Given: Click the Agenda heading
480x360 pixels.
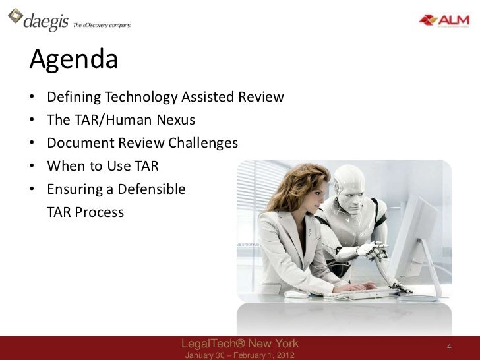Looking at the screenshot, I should [x=74, y=60].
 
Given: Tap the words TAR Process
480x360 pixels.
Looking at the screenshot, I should [x=85, y=212].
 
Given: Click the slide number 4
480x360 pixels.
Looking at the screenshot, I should [x=448, y=347].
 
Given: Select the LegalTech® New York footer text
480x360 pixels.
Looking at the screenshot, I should [x=239, y=344].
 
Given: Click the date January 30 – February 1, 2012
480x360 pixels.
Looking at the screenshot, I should [x=239, y=355].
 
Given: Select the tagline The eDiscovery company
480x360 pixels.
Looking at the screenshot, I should [x=102, y=25].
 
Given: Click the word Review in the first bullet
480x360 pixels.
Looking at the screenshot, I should [x=261, y=98].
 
